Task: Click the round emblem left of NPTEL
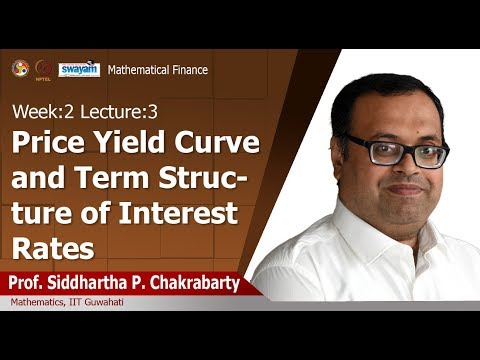pyautogui.click(x=20, y=68)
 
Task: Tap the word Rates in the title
pyautogui.click(x=50, y=249)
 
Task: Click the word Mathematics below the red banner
pyautogui.click(x=38, y=304)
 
